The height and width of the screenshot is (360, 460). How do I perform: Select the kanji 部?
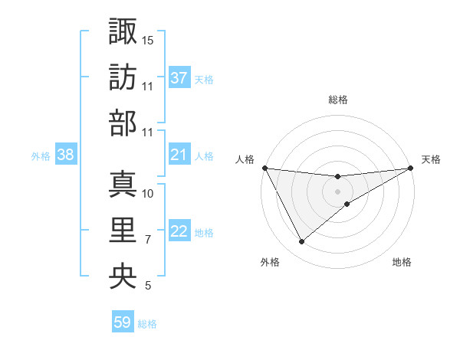pyautogui.click(x=123, y=123)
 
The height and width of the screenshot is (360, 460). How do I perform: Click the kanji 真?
pyautogui.click(x=123, y=184)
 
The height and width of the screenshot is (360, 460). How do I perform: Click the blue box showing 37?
pyautogui.click(x=179, y=77)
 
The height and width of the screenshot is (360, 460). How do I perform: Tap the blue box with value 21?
pyautogui.click(x=179, y=155)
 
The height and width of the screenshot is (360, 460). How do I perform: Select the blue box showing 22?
pyautogui.click(x=179, y=232)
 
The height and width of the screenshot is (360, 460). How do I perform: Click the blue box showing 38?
pyautogui.click(x=66, y=155)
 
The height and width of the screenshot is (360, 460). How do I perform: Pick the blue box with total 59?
pyautogui.click(x=123, y=322)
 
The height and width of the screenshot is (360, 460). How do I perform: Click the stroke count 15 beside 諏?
pyautogui.click(x=148, y=39)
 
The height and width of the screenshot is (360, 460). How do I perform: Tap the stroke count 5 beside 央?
pyautogui.click(x=148, y=286)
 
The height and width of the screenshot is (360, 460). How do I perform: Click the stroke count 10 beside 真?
pyautogui.click(x=148, y=194)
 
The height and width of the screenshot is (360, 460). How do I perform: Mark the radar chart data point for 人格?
pyautogui.click(x=264, y=168)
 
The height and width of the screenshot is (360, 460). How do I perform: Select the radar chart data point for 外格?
pyautogui.click(x=301, y=241)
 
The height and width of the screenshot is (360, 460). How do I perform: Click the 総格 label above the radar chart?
pyautogui.click(x=338, y=100)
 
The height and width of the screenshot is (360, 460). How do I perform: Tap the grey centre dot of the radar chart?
pyautogui.click(x=338, y=191)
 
